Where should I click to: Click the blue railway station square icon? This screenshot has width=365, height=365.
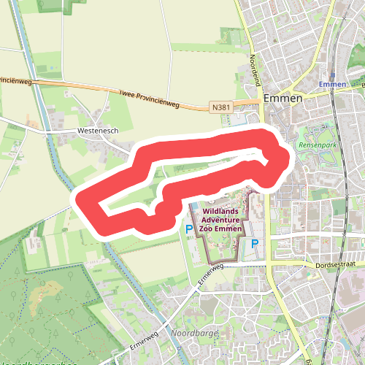tap(332, 74)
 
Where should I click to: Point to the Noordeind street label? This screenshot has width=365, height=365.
tap(256, 70)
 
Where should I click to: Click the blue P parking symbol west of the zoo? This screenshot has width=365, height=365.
tap(188, 229)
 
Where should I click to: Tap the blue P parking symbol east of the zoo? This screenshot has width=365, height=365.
tap(255, 243)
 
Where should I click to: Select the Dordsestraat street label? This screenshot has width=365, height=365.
tap(337, 266)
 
